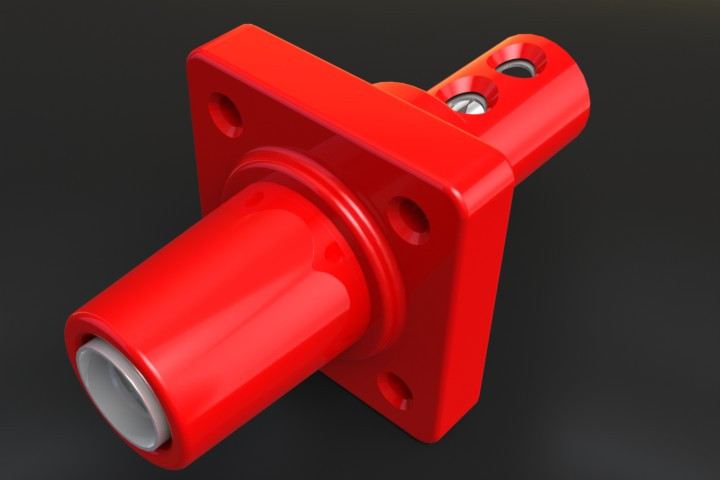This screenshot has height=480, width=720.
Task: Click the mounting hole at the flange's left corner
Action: [x=226, y=114]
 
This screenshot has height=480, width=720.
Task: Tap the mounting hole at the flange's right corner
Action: [x=409, y=218]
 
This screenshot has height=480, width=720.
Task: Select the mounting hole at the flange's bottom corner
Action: [x=395, y=389]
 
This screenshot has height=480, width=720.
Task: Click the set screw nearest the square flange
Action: [x=465, y=100]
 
